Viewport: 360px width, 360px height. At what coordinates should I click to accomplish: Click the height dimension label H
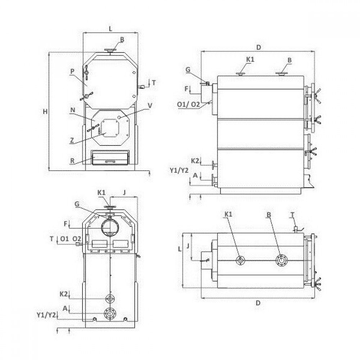coord(45,112)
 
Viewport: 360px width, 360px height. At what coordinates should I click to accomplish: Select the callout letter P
coord(72,71)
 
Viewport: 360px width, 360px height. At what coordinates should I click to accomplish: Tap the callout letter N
coord(73,110)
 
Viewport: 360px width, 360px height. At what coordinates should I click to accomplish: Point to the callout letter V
coord(150,105)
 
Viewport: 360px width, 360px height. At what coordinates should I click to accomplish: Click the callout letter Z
coord(72,140)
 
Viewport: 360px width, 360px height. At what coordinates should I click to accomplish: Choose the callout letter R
coord(72,161)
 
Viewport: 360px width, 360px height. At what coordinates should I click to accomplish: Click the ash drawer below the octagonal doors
coord(110,158)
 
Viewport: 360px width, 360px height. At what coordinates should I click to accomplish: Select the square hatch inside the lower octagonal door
coord(110,128)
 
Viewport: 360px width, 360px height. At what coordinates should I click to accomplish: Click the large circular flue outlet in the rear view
coord(110,227)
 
